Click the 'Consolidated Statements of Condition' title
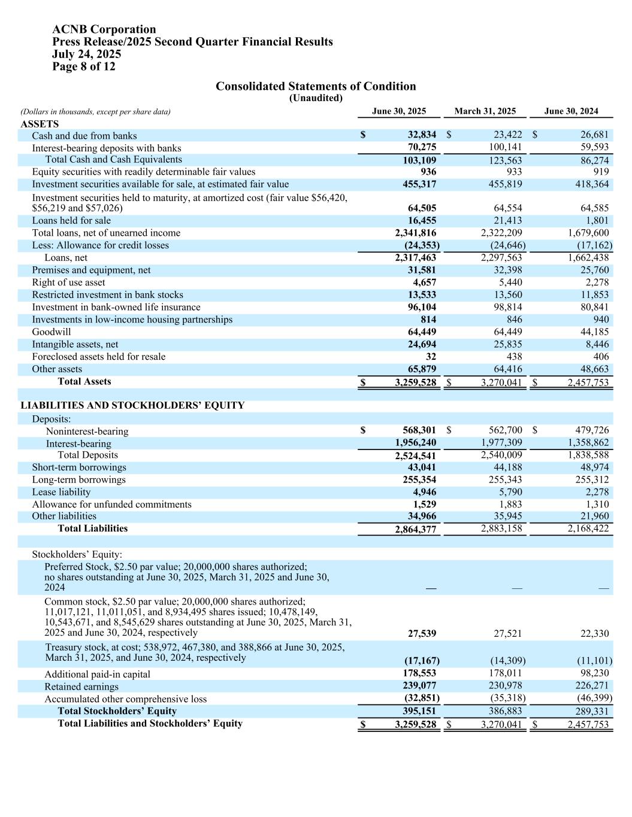[315, 86]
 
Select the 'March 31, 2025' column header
[485, 111]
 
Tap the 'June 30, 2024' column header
[570, 111]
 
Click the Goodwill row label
[52, 332]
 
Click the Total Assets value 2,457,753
[588, 382]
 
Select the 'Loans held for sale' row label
[71, 220]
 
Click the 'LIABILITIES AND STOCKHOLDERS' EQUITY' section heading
[132, 405]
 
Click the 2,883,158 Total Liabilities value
[501, 529]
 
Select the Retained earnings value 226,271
[592, 686]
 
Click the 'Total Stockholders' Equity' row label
[117, 711]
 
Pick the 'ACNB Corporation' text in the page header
[104, 29]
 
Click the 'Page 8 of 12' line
[84, 66]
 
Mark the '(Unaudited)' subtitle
[316, 98]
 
